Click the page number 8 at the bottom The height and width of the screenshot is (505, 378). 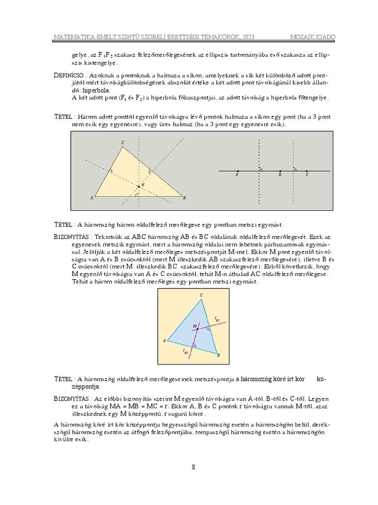click(193, 467)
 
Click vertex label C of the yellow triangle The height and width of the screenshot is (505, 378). click(123, 143)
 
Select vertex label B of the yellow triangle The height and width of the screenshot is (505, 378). click(185, 198)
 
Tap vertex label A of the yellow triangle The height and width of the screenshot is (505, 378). click(92, 198)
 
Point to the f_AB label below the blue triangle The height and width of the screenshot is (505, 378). click(186, 351)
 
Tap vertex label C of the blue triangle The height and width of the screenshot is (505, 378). click(201, 295)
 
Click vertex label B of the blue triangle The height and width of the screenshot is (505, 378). click(218, 355)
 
